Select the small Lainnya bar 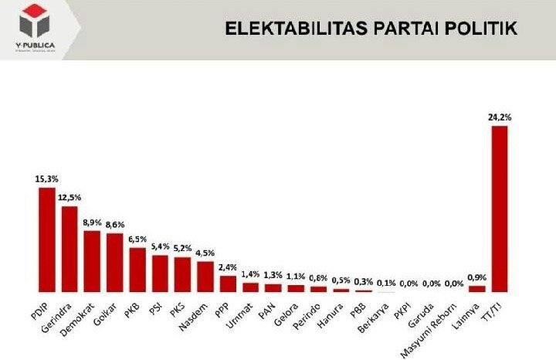[x=476, y=289]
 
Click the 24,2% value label [x=500, y=117]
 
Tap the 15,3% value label [x=47, y=179]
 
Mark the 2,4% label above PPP [x=228, y=267]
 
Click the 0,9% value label [x=477, y=277]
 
